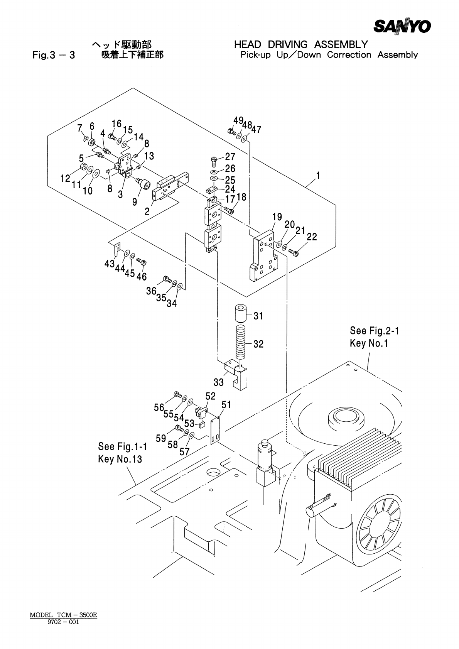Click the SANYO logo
[x=402, y=27]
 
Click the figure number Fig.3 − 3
[x=54, y=55]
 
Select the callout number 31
[x=258, y=316]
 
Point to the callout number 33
[x=219, y=382]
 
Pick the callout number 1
[x=318, y=176]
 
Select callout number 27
[x=230, y=157]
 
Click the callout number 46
[x=142, y=276]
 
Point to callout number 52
[x=211, y=396]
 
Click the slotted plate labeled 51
[x=215, y=430]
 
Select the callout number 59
[x=161, y=438]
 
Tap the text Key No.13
[x=120, y=459]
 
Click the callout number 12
[x=65, y=178]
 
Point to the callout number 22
[x=312, y=237]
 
